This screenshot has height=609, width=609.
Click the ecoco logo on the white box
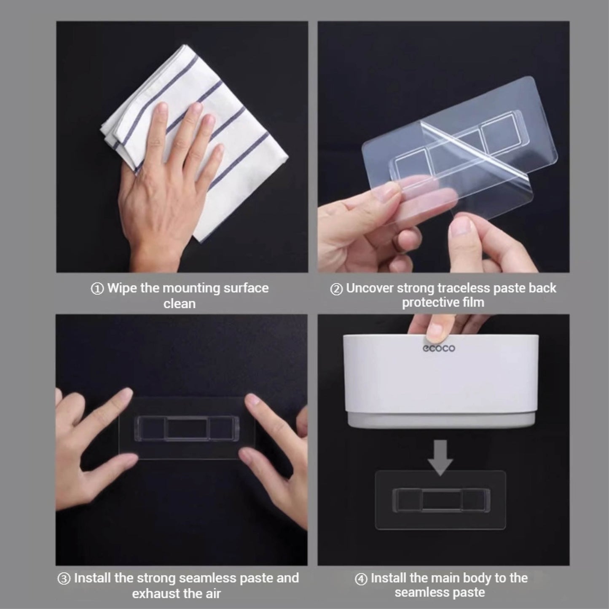coord(439,348)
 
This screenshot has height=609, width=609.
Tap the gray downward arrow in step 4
coord(440,457)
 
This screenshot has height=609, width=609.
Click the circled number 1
coord(97,289)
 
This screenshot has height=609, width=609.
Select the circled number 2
coord(336,289)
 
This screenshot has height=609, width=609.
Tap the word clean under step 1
coord(179,304)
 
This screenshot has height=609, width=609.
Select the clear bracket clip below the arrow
coord(440,503)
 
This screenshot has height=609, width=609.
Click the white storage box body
coord(441,381)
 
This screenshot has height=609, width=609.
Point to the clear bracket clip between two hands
coord(185,428)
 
